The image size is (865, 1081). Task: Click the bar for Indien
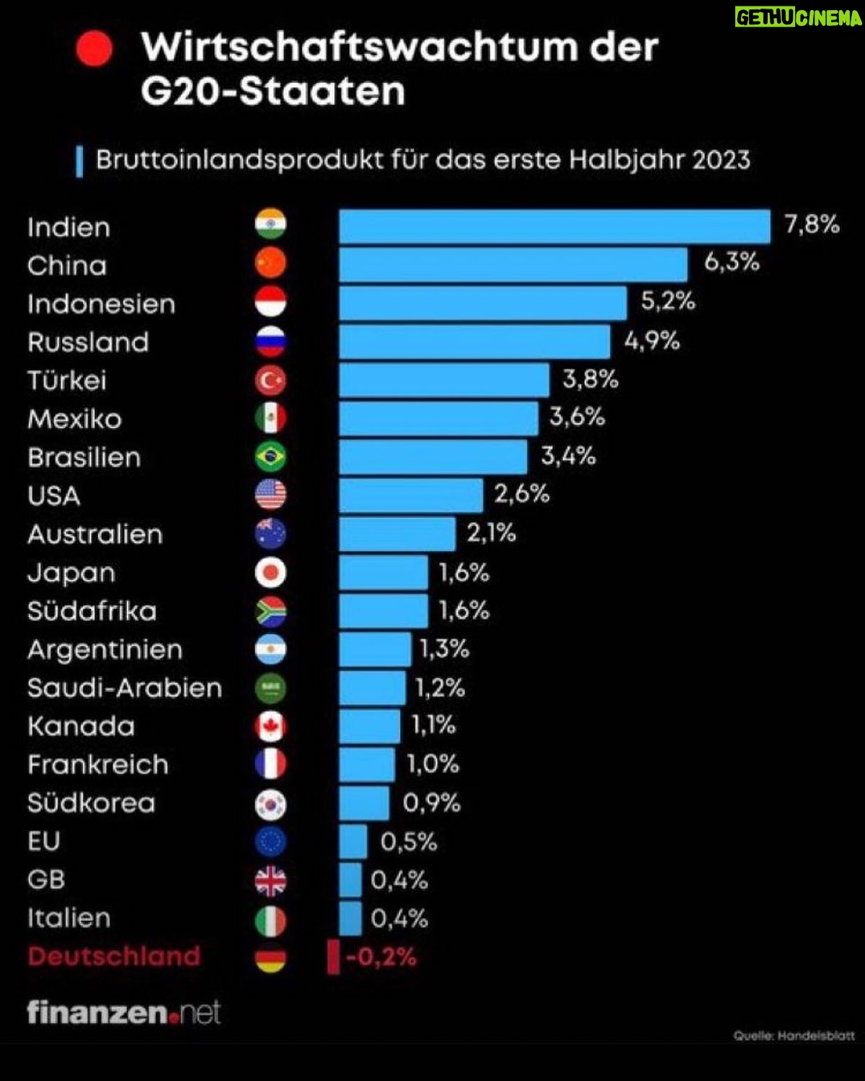pos(554,226)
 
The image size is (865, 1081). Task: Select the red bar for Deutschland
pos(333,957)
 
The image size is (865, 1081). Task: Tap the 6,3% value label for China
pos(732,262)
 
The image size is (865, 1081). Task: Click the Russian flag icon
pos(270,342)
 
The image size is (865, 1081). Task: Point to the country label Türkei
pos(67,381)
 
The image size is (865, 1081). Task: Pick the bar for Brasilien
pos(433,457)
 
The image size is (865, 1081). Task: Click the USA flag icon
pos(270,495)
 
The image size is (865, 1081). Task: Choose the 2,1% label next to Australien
pos(491,533)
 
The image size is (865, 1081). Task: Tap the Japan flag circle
pos(270,572)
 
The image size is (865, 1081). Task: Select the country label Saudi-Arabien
pos(125,688)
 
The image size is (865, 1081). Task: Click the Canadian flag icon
pos(270,726)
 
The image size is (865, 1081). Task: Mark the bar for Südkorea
pos(364,803)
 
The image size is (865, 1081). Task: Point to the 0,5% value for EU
pos(409,842)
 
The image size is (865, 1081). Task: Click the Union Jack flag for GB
pos(270,881)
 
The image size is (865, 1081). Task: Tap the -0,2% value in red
pos(381,957)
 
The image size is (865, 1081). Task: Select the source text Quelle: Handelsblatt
pos(794,1036)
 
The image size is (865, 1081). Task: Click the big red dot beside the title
pos(94,48)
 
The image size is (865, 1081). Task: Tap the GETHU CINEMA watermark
pos(798,17)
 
